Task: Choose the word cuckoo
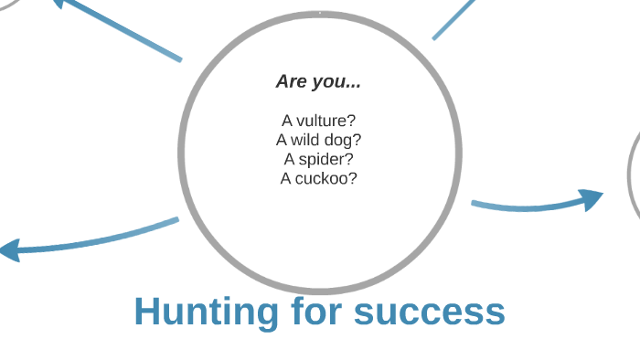[x=325, y=178]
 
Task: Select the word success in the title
[x=430, y=312]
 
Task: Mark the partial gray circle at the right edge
[x=632, y=174]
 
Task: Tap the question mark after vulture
[x=352, y=121]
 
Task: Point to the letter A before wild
[x=282, y=140]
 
